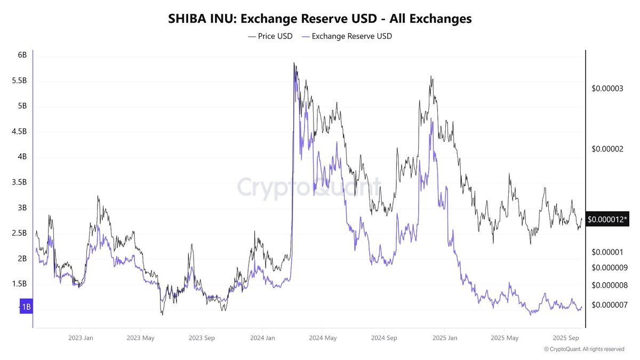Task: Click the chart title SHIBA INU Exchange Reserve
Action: [x=320, y=18]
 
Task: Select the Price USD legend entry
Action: [x=270, y=36]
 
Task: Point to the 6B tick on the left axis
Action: [x=22, y=55]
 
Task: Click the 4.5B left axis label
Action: [x=19, y=131]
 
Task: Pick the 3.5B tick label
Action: [x=19, y=182]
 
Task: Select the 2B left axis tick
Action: [x=22, y=259]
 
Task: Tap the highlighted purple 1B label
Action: [x=26, y=307]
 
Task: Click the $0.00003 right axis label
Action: [x=607, y=89]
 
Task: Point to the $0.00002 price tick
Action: [x=607, y=149]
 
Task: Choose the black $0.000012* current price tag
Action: [x=607, y=219]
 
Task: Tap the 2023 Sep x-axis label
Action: [x=202, y=338]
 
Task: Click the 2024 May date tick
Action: [x=323, y=338]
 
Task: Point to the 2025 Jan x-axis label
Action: [x=445, y=338]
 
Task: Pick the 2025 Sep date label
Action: [x=566, y=338]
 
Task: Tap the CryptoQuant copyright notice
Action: [x=583, y=349]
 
